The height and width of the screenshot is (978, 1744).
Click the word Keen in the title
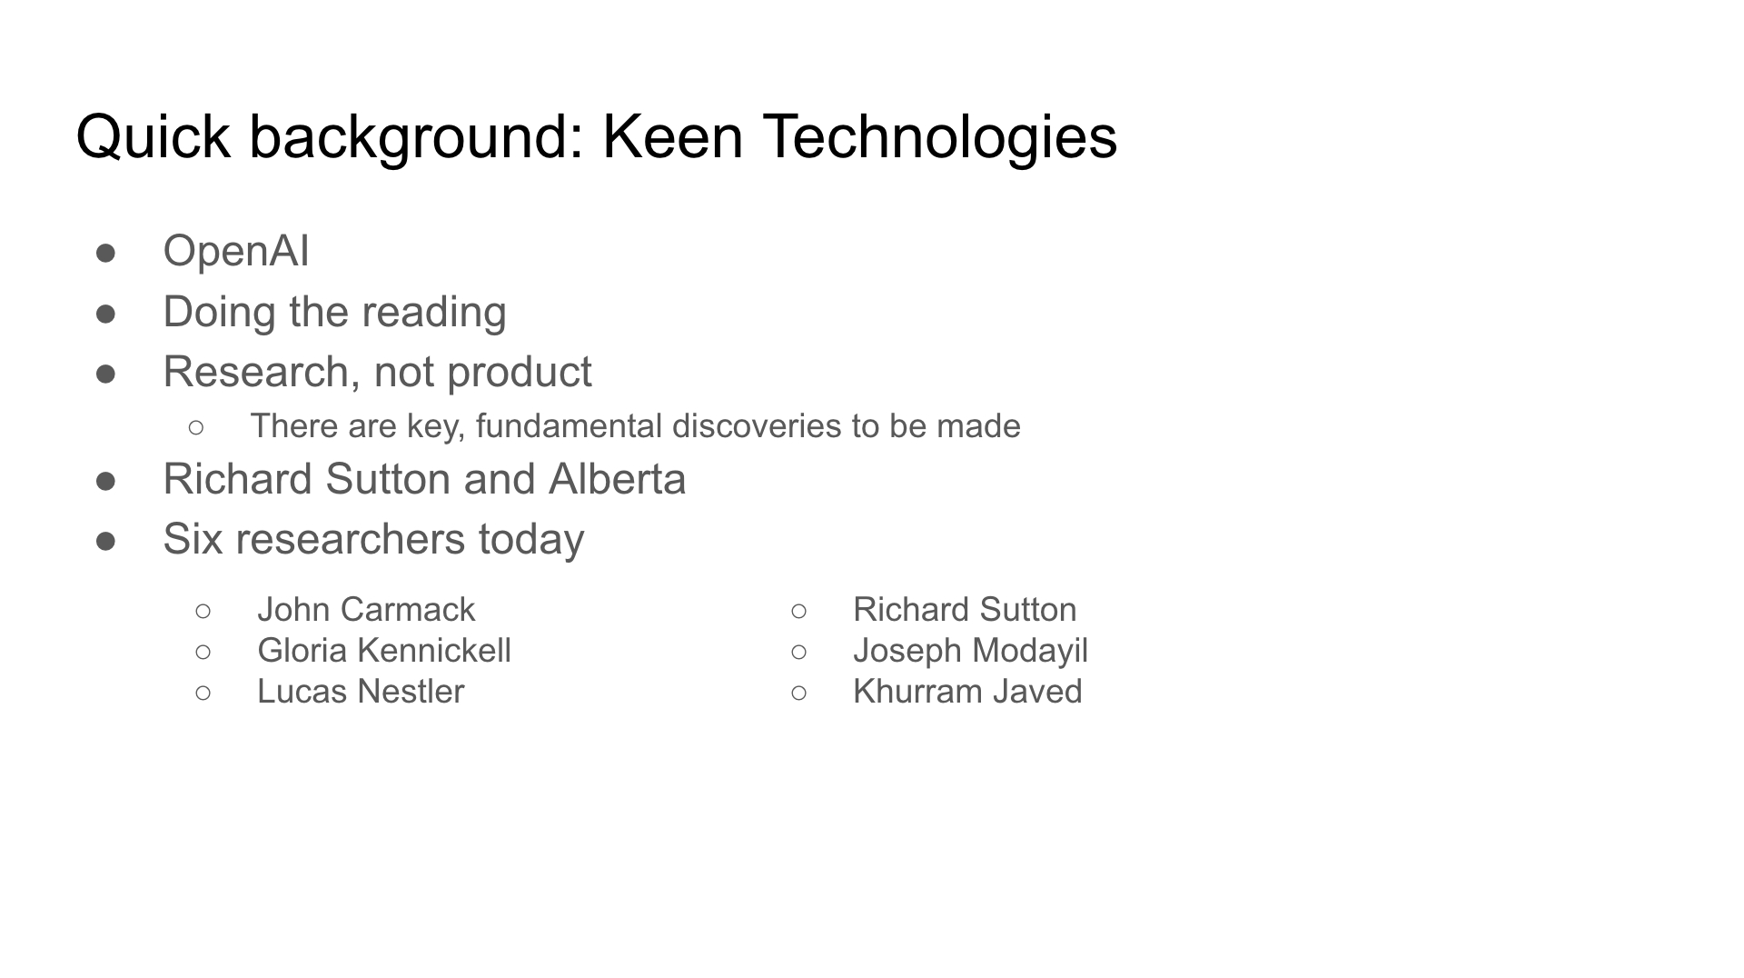(x=673, y=137)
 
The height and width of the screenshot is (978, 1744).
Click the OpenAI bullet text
(x=236, y=251)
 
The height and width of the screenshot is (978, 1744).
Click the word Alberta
(x=618, y=479)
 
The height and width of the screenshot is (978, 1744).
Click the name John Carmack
(x=366, y=609)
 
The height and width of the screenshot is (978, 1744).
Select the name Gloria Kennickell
(x=384, y=650)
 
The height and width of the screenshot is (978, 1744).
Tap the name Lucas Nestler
(x=361, y=691)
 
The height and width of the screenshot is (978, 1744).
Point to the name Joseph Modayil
(x=970, y=651)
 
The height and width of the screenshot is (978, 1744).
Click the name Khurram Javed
(x=967, y=691)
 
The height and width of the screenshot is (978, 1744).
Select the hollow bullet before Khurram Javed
(x=798, y=693)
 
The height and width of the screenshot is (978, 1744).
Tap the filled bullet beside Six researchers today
(x=105, y=541)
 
